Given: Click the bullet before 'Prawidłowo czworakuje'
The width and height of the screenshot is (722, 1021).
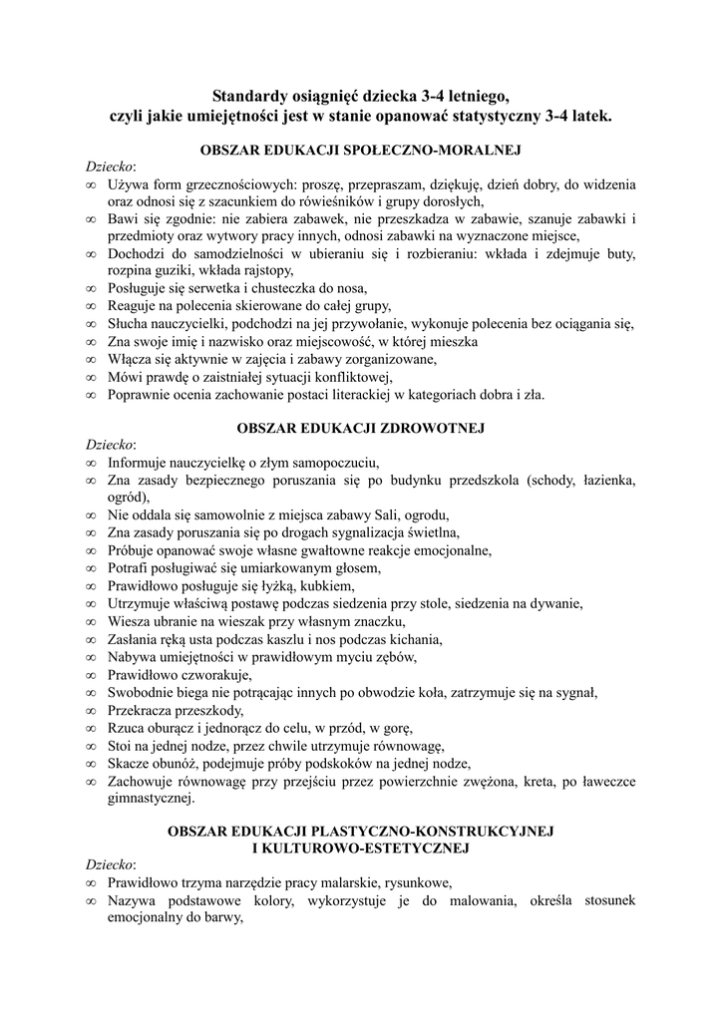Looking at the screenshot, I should (92, 676).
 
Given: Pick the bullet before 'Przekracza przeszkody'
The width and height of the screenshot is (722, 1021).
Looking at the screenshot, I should (92, 711).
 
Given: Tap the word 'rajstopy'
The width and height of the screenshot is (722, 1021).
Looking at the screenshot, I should (262, 271).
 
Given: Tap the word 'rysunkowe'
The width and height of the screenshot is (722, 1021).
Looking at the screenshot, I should (414, 882).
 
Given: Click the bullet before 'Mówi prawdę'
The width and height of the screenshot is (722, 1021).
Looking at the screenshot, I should (92, 377).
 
